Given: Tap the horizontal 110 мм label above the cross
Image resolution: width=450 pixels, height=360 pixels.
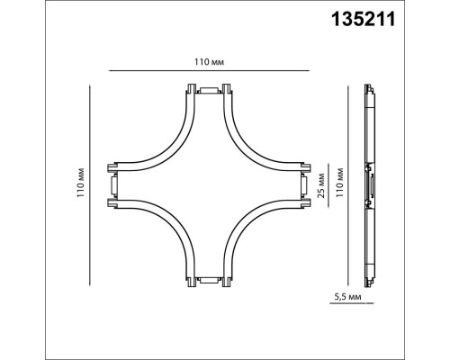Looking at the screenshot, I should (209, 62).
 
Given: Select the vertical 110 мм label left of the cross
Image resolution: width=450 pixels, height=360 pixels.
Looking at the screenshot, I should (81, 184).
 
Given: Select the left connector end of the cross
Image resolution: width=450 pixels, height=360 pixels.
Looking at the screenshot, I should (112, 186).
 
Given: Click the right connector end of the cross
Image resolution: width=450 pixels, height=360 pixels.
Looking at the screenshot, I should (303, 186).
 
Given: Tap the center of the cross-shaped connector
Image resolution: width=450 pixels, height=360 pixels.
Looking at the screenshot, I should (208, 186).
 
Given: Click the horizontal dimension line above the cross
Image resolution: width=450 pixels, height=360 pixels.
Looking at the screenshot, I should (208, 70).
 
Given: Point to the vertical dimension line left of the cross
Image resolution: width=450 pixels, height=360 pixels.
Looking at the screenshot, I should (91, 184).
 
